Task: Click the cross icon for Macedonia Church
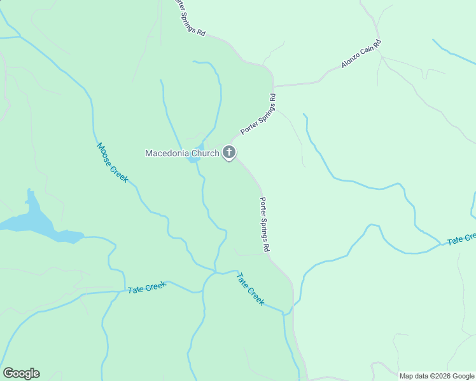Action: (x=229, y=152)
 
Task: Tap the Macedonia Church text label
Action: (x=182, y=153)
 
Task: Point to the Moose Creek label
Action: (x=112, y=163)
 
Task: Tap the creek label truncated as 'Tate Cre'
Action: (x=461, y=239)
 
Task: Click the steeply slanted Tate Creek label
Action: (x=250, y=289)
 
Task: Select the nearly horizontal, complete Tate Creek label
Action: (x=147, y=288)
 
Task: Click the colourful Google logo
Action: (x=21, y=373)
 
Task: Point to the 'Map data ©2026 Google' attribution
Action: (x=437, y=376)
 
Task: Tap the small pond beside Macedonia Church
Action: (x=192, y=158)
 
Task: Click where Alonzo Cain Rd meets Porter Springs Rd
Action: (x=274, y=86)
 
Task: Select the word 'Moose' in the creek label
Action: (x=105, y=153)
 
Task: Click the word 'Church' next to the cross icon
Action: (x=204, y=153)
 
